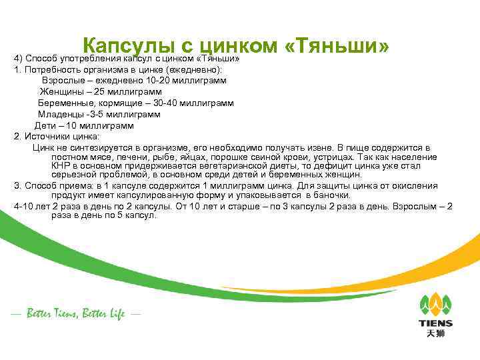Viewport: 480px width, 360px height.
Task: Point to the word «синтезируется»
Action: point(99,147)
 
